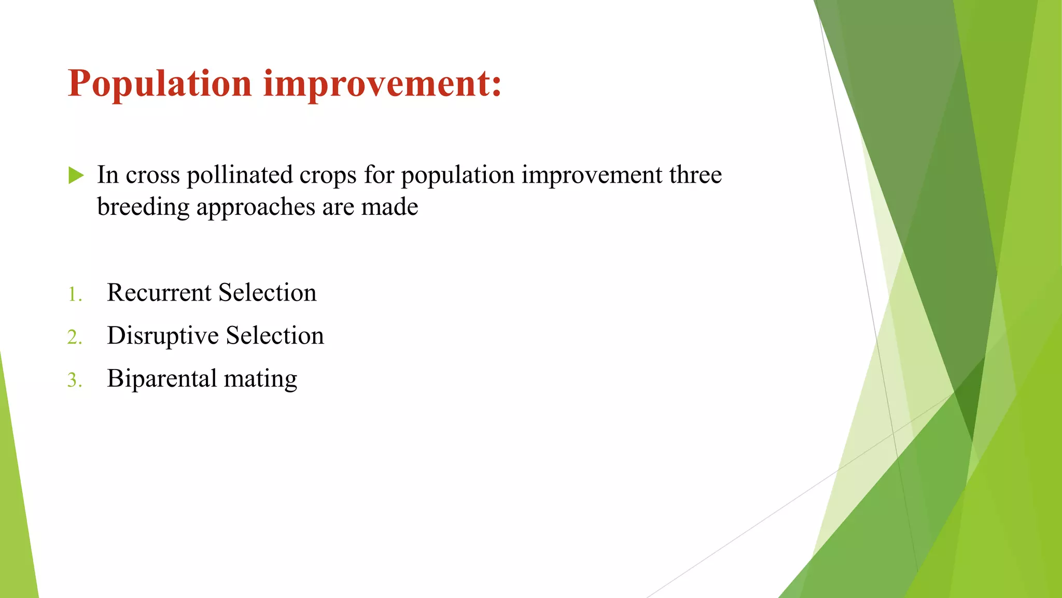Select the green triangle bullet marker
pos(76,175)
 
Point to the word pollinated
pos(239,175)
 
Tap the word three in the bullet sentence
pos(695,175)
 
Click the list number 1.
pos(74,295)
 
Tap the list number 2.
pos(74,338)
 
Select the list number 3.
pos(74,380)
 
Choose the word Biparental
pos(162,379)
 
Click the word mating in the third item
pos(260,379)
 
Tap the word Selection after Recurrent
pos(267,293)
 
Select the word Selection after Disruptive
pos(275,336)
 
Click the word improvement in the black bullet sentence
pos(592,175)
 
